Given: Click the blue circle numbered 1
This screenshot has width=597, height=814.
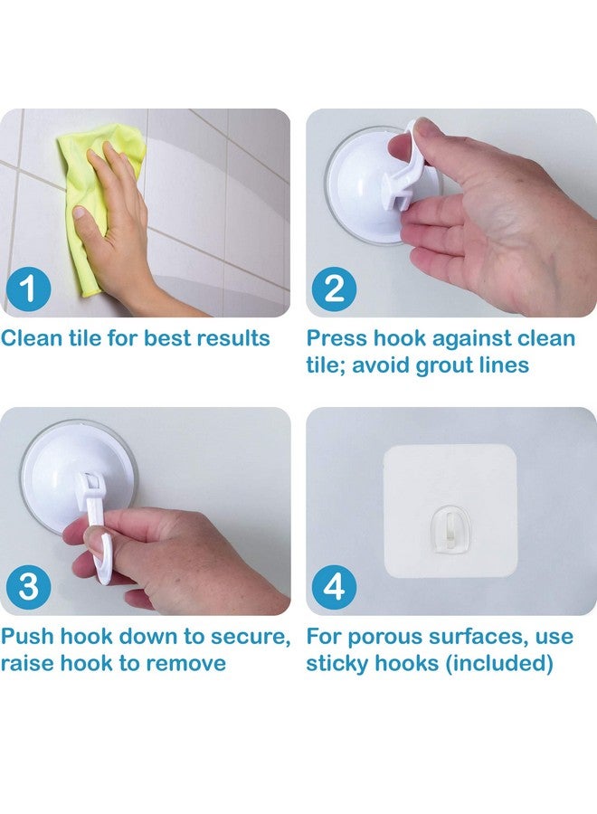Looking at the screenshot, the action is click(x=29, y=289).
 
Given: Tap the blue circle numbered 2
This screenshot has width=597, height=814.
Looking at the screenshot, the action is click(x=334, y=289).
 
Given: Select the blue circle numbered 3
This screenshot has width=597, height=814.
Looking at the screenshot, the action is click(x=29, y=587).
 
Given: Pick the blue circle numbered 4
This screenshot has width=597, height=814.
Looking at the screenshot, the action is click(x=334, y=587).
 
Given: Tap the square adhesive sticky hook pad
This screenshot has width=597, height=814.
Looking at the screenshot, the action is click(x=450, y=511).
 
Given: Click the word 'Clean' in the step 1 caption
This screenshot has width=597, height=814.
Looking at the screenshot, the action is click(x=33, y=338).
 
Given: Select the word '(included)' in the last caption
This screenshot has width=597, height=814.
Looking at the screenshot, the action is click(x=499, y=664).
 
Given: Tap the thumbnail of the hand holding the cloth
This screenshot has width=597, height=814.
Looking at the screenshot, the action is click(x=145, y=213).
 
